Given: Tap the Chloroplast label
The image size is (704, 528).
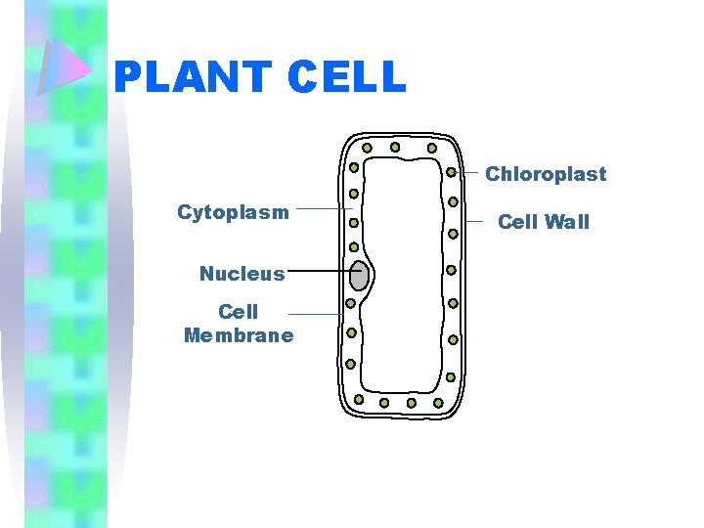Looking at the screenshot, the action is pos(546,175).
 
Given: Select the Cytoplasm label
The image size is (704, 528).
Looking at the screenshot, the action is pos(233,212).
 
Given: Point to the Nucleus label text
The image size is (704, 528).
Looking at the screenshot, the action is pos(242,274).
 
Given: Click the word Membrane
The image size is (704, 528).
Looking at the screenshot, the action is pos(239,336).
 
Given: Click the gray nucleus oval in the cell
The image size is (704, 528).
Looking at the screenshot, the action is pos(360,276).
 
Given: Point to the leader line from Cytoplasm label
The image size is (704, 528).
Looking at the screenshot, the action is pos(323,208).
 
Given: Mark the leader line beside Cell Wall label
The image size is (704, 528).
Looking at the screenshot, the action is pos(476,222).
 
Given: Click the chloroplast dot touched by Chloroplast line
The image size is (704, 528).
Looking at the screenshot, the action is pos(452,172).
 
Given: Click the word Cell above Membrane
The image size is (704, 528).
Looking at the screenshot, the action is pos(239,312).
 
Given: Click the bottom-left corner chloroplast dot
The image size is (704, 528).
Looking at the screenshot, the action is pos(359,400).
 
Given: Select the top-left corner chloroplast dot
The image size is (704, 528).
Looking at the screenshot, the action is pos(367,149).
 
